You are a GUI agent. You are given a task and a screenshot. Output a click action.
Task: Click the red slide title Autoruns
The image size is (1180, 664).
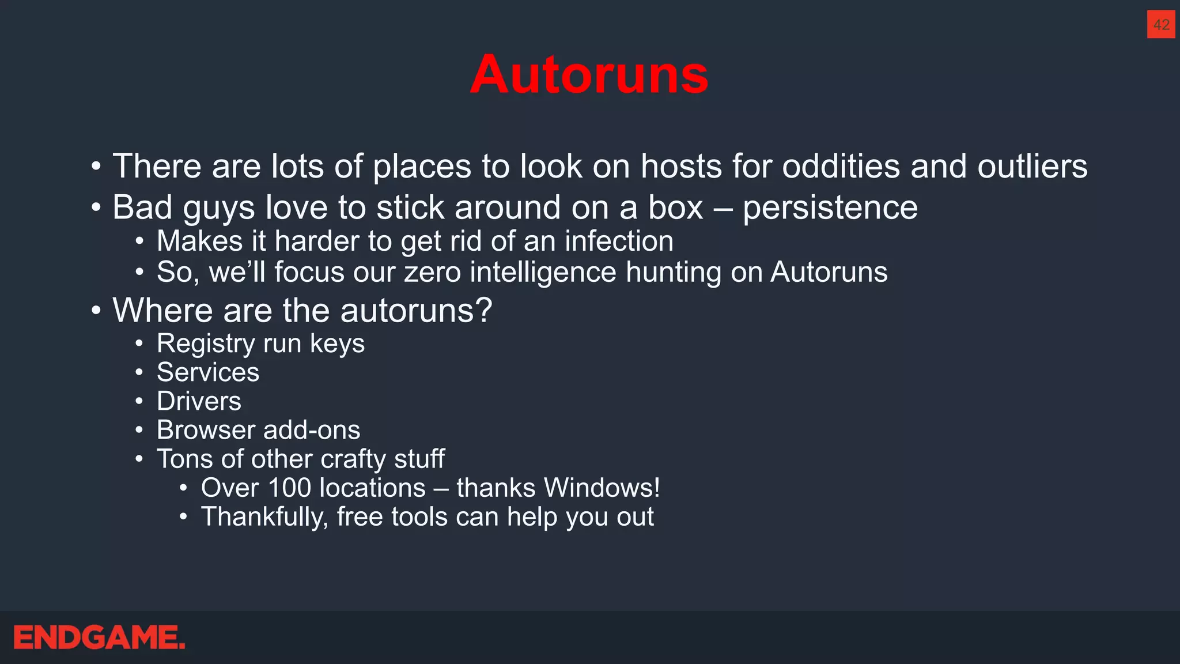pyautogui.click(x=589, y=74)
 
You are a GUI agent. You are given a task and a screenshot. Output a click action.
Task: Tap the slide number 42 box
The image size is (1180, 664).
pyautogui.click(x=1160, y=25)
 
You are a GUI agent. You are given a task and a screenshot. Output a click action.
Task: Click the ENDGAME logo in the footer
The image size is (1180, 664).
pyautogui.click(x=99, y=637)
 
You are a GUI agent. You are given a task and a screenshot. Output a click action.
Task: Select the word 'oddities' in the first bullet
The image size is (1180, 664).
pyautogui.click(x=841, y=166)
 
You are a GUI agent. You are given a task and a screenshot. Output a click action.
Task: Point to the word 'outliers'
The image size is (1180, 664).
pyautogui.click(x=1032, y=166)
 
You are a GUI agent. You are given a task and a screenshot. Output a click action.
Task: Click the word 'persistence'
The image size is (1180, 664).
pyautogui.click(x=830, y=207)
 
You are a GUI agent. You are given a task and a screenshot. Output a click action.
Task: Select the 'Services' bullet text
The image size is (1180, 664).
pyautogui.click(x=208, y=372)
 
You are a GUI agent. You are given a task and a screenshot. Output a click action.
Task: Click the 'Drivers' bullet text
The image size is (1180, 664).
pyautogui.click(x=199, y=401)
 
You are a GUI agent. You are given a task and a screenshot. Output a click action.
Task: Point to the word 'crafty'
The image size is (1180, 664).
pyautogui.click(x=353, y=459)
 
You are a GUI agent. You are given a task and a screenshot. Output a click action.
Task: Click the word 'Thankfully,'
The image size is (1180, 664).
pyautogui.click(x=264, y=517)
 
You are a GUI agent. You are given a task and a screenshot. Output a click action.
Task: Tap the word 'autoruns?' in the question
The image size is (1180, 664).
pyautogui.click(x=416, y=311)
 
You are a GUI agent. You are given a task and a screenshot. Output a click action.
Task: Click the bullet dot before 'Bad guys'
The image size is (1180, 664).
pyautogui.click(x=96, y=208)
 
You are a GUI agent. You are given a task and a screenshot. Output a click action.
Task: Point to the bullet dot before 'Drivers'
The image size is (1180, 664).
pyautogui.click(x=139, y=402)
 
